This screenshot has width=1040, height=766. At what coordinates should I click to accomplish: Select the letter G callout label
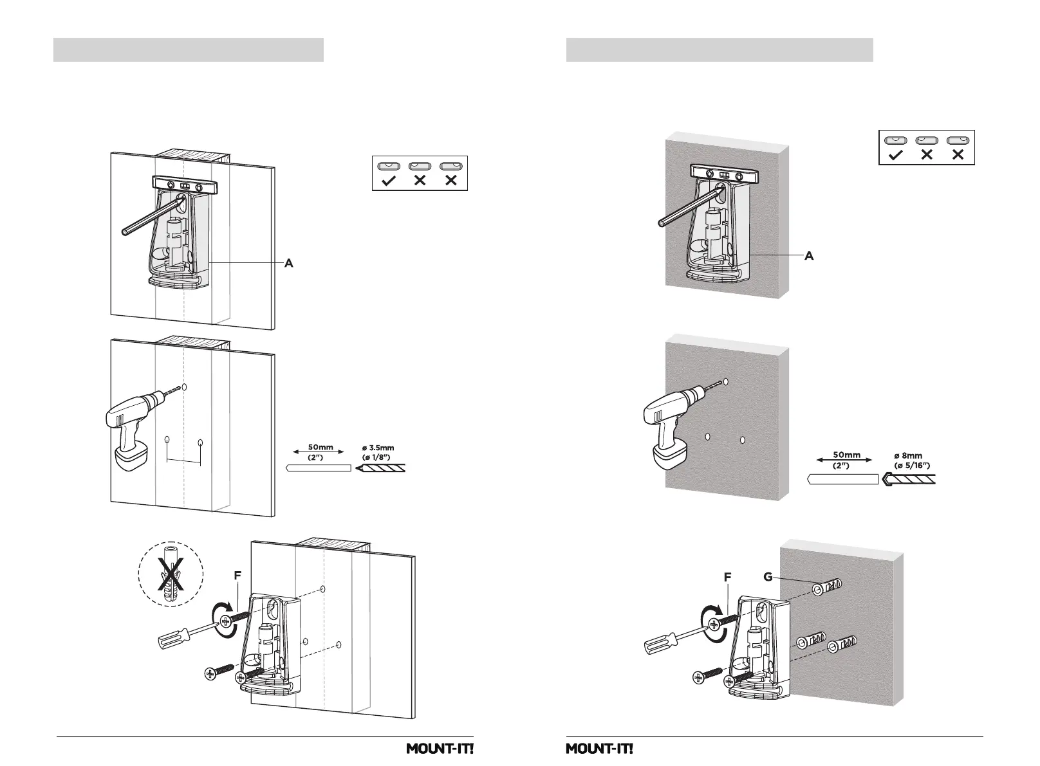tap(768, 577)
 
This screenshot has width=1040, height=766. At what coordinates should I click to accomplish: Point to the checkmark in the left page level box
tap(389, 181)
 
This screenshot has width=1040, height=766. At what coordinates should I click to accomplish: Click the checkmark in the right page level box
tap(896, 155)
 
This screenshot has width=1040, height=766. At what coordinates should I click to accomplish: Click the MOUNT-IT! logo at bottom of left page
tap(440, 749)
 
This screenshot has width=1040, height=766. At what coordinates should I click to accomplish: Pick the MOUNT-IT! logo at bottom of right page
tap(599, 749)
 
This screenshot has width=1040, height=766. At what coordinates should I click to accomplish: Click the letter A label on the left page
tap(290, 262)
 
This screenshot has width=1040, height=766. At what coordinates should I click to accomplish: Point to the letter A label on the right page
tap(809, 256)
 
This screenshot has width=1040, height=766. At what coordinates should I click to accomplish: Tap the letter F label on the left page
tap(237, 577)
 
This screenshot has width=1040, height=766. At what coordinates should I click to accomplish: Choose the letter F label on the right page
tap(727, 578)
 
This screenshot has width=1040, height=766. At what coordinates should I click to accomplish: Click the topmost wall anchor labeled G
tap(827, 588)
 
